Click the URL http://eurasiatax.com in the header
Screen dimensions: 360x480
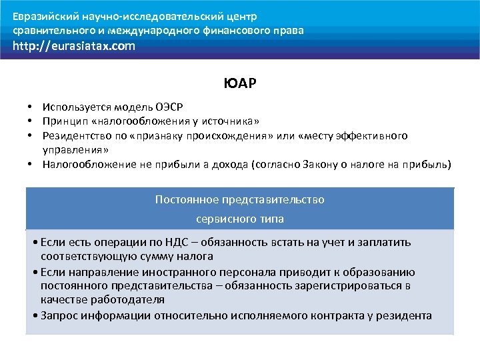click(x=73, y=46)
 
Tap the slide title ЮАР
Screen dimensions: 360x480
click(x=240, y=85)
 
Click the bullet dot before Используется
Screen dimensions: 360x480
click(x=31, y=107)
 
